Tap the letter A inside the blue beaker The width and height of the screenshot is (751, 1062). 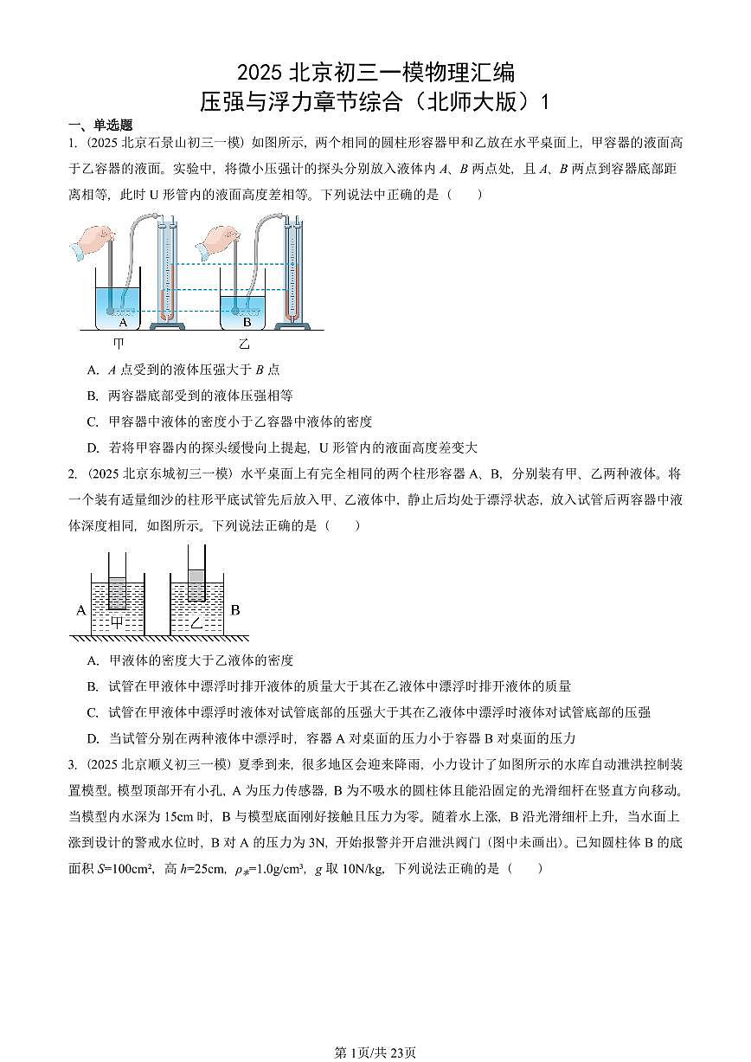point(123,322)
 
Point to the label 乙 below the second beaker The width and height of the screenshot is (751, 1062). point(244,344)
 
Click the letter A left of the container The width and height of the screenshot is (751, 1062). point(80,609)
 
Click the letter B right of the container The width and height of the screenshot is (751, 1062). point(235,609)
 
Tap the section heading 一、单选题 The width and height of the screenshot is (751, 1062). point(101,125)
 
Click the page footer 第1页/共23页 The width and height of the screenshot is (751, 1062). point(375,1052)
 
